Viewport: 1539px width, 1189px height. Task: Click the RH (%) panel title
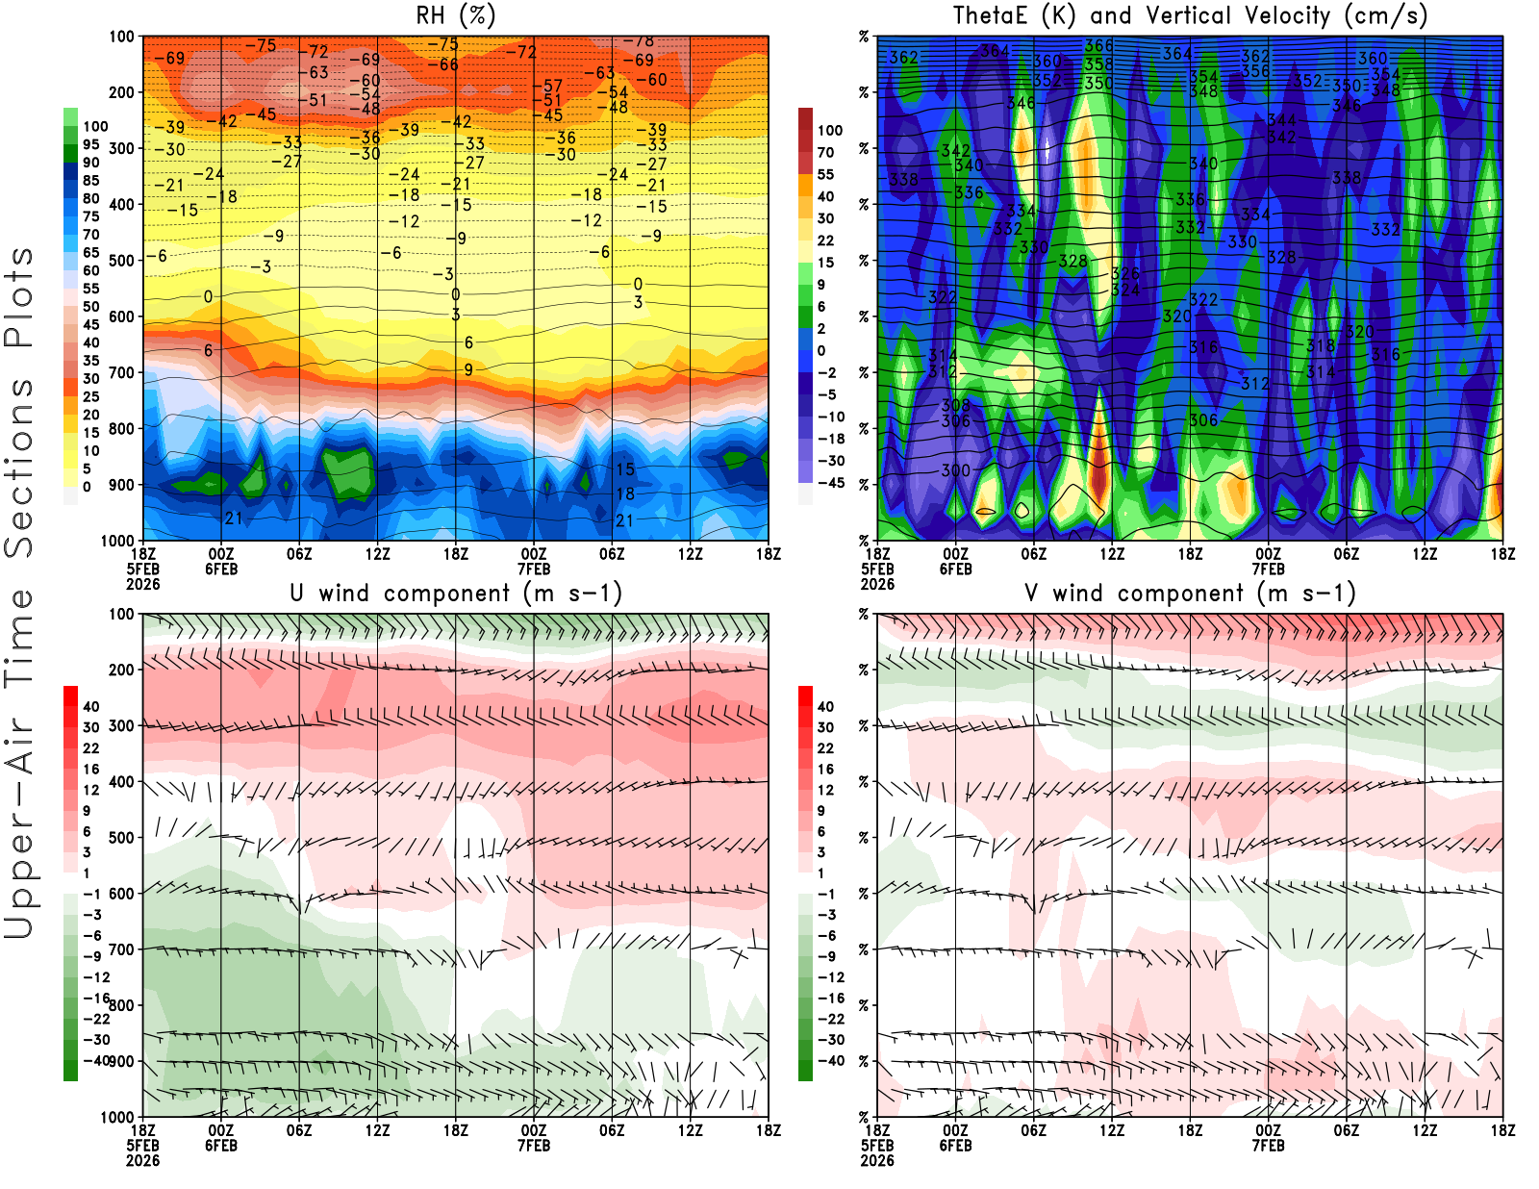click(455, 15)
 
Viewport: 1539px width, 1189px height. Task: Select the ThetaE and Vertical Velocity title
click(1190, 15)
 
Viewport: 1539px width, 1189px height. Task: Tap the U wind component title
click(455, 593)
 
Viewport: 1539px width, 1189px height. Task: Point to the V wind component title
click(1190, 593)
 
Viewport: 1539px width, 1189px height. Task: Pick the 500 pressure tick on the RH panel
click(121, 260)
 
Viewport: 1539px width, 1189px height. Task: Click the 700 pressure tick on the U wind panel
click(121, 949)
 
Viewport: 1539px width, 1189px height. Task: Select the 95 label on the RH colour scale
click(90, 144)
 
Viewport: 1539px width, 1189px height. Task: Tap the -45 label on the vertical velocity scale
click(830, 483)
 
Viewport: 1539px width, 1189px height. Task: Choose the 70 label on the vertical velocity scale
click(825, 152)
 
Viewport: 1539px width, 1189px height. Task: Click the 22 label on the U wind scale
click(90, 748)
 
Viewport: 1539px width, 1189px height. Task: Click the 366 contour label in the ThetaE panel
click(1098, 45)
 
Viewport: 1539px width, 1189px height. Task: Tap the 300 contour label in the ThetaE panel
click(955, 470)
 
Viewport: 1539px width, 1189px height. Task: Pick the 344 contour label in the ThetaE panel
click(1281, 120)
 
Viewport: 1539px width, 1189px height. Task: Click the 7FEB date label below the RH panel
click(534, 569)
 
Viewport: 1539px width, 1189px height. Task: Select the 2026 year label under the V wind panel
click(877, 1160)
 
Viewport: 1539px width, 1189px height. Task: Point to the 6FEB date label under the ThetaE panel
click(955, 569)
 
